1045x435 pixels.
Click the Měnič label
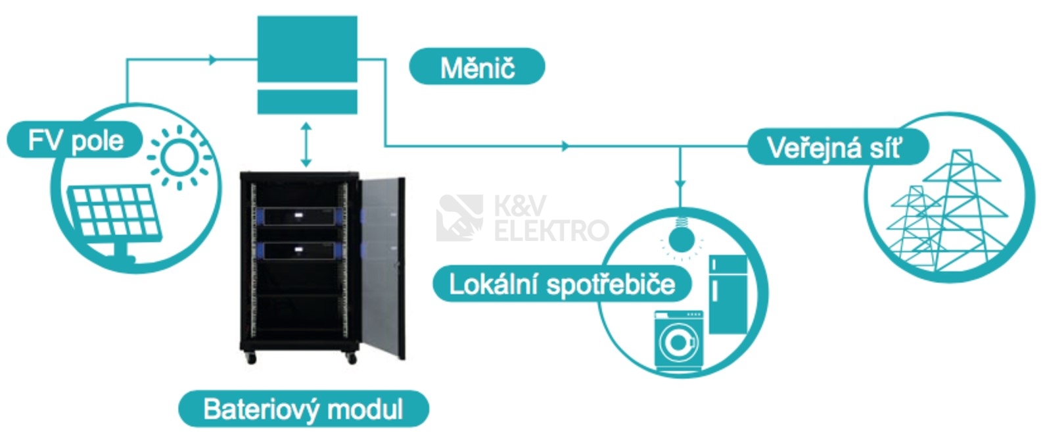click(476, 67)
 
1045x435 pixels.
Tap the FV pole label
click(75, 140)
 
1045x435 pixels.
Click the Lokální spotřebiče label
click(561, 284)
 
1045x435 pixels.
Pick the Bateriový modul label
click(303, 409)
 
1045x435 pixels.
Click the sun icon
click(179, 157)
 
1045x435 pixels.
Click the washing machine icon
click(678, 341)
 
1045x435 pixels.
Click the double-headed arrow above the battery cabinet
click(306, 143)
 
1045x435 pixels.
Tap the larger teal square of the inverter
click(307, 49)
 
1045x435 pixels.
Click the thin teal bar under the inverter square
click(307, 102)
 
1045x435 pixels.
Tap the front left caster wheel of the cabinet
click(250, 358)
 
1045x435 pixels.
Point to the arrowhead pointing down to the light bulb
click(680, 184)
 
